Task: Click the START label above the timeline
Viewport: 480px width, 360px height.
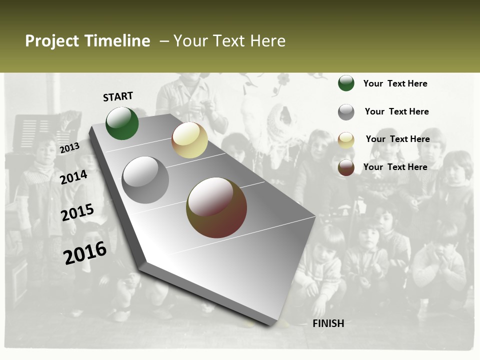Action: click(x=118, y=96)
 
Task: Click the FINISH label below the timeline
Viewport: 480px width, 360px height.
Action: click(x=328, y=323)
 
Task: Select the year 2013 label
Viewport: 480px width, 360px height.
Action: click(x=69, y=147)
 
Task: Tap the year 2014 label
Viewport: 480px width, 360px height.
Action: click(x=73, y=177)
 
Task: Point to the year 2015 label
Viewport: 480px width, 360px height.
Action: click(x=77, y=212)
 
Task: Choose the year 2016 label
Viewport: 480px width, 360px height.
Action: click(x=85, y=252)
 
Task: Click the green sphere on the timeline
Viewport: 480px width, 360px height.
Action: click(x=122, y=123)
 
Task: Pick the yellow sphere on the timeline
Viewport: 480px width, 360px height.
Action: click(x=189, y=140)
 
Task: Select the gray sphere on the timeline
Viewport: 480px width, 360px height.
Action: click(x=145, y=179)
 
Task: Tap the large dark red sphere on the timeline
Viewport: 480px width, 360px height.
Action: click(x=216, y=207)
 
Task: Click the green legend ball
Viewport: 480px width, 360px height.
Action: click(x=346, y=83)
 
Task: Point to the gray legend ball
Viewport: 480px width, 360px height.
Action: click(x=346, y=112)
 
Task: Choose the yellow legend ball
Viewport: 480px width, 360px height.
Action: click(x=346, y=140)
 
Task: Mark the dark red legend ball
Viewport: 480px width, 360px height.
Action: click(x=346, y=167)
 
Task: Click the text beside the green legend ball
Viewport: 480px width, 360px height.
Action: click(x=395, y=83)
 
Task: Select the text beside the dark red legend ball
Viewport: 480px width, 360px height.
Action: click(x=395, y=167)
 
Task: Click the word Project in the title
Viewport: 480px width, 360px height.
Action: click(x=52, y=41)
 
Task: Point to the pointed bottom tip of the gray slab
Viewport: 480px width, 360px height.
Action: click(x=270, y=323)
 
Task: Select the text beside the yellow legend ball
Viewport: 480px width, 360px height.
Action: click(x=397, y=139)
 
